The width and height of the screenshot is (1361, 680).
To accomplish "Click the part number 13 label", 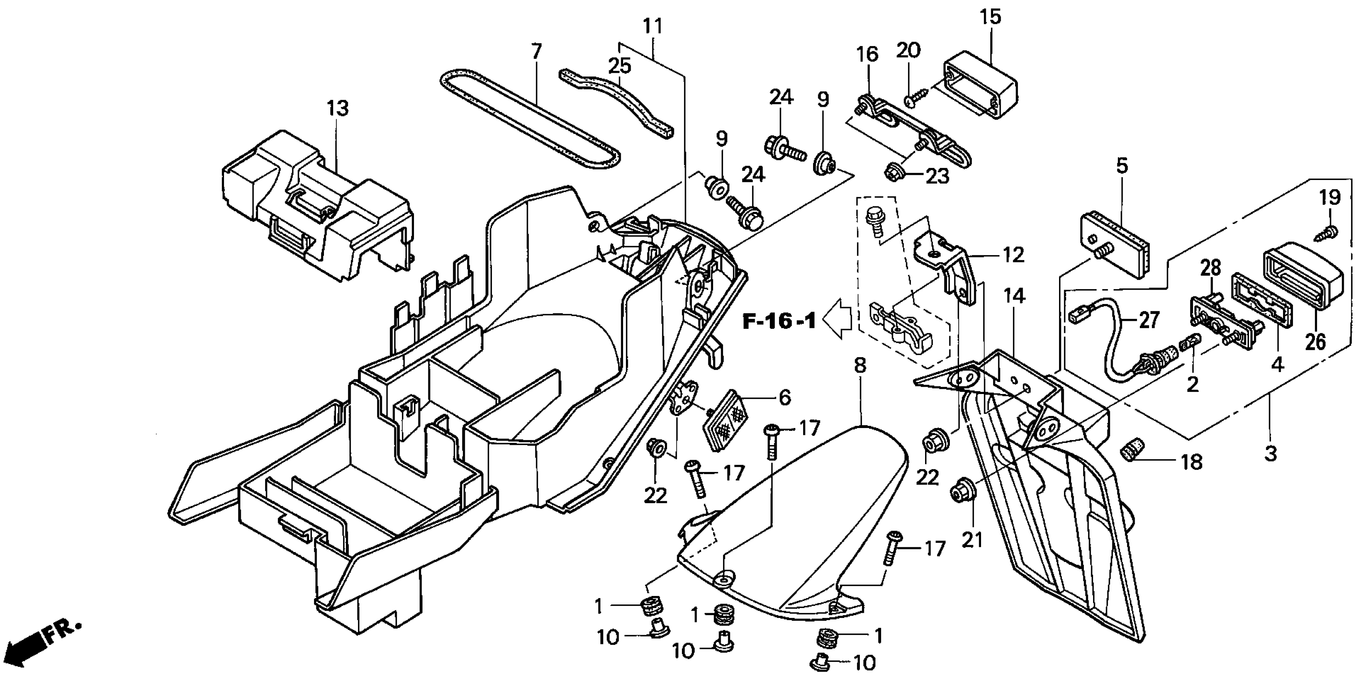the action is point(338,109).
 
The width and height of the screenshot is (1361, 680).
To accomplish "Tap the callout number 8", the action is point(860,366).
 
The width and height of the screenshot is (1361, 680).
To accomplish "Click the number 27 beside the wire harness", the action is point(1149,320).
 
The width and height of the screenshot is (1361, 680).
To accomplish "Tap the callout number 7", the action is point(536,52).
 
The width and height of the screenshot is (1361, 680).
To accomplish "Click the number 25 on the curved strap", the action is point(620,66).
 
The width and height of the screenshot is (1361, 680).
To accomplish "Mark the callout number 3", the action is point(1270,453).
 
